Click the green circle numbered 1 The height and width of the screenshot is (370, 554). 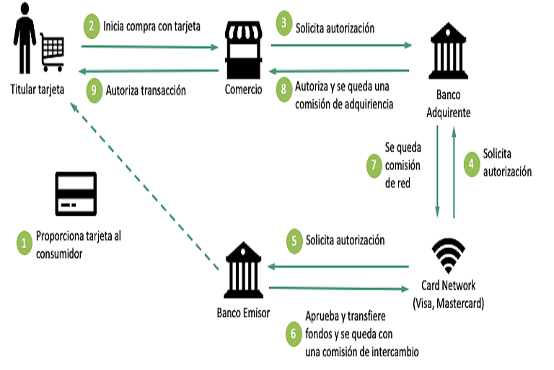(25, 242)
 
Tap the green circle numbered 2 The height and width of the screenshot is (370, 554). (92, 27)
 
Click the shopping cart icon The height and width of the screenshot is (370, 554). (53, 48)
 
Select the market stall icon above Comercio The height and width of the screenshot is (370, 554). (243, 48)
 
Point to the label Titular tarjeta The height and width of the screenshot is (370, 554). (37, 90)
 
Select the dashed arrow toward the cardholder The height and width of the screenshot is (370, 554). (144, 188)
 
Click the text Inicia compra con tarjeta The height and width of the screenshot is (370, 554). (151, 27)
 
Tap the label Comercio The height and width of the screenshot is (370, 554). (243, 90)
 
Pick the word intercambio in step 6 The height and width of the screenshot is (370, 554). (390, 352)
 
